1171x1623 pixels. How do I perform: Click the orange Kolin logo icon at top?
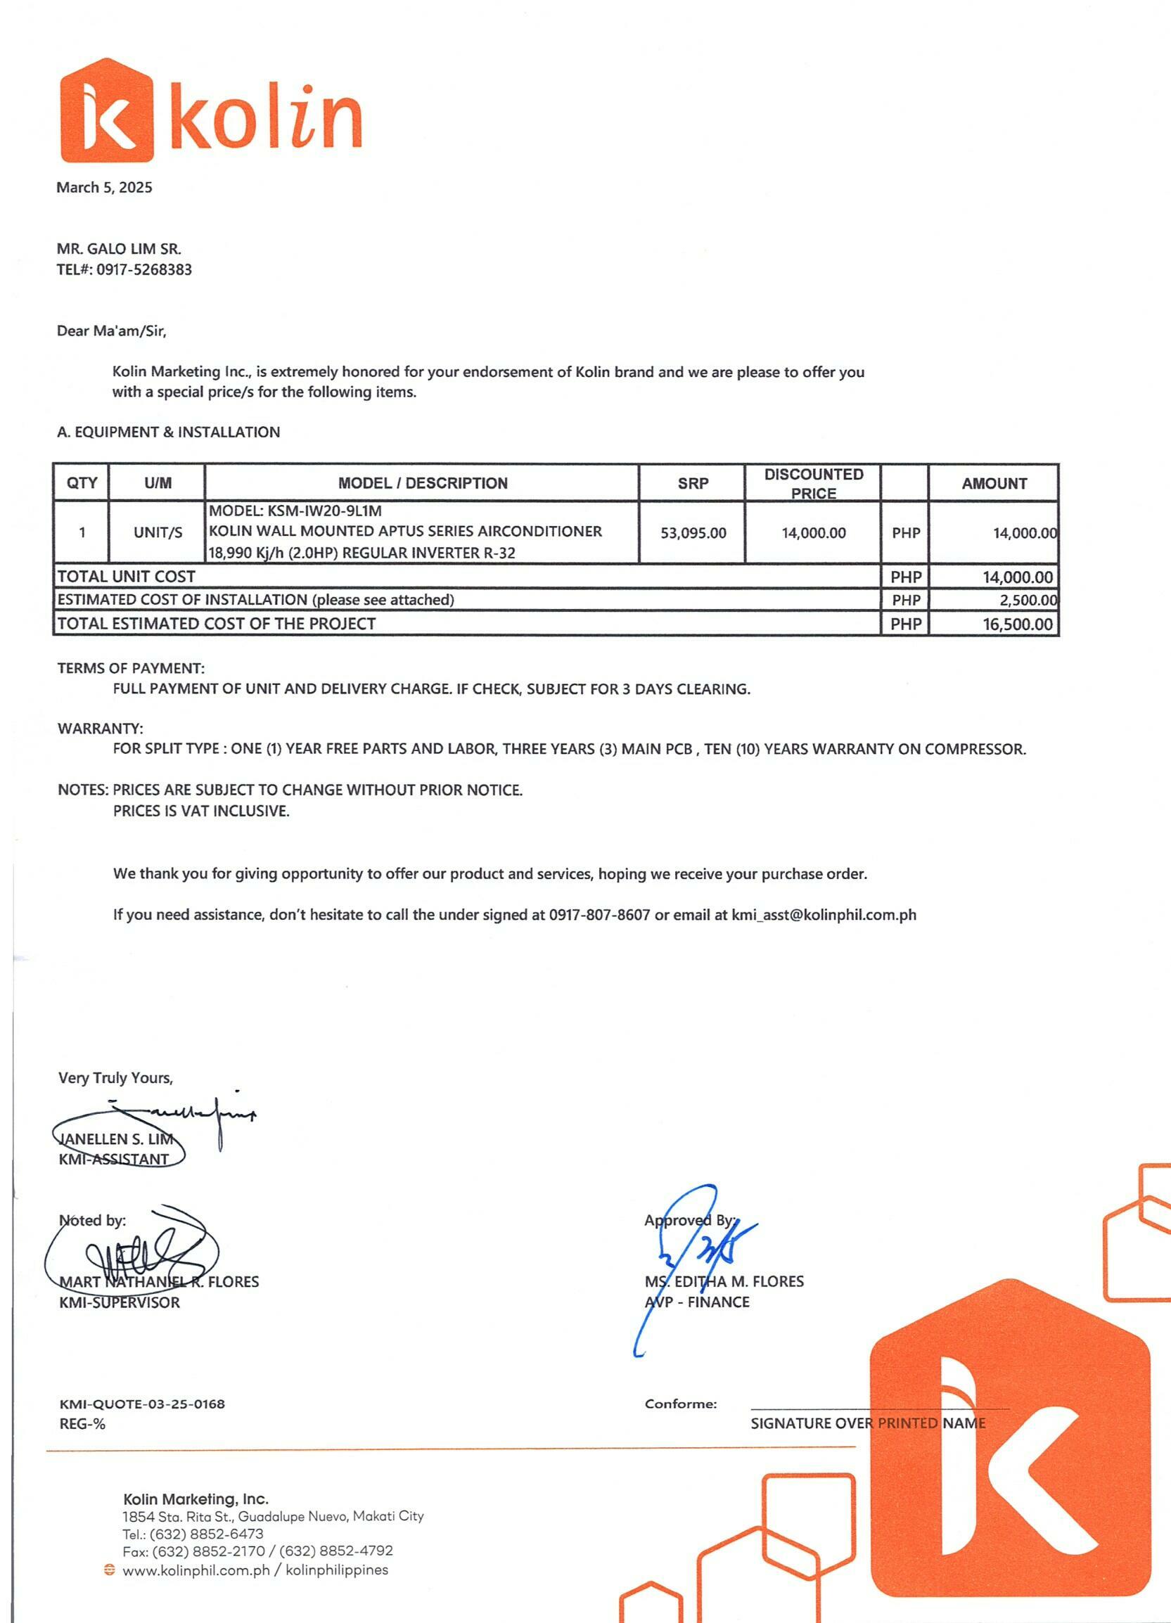108,111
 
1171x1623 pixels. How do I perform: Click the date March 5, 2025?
105,188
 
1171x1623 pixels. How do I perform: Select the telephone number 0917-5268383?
144,270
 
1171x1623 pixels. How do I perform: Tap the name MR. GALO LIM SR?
119,249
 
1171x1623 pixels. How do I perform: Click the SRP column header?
693,484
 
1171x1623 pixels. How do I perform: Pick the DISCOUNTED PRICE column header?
813,484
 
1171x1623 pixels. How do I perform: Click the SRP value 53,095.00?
693,533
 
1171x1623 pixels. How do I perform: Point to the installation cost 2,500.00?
1028,601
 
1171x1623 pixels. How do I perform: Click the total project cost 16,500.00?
1017,624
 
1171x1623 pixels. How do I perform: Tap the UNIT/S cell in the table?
158,533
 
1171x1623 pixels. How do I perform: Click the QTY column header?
82,484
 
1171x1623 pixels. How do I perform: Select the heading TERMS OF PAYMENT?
131,668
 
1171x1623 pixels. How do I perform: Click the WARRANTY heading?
100,729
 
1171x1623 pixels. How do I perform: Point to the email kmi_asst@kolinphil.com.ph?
823,915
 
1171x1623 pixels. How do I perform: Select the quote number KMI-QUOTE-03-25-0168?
142,1404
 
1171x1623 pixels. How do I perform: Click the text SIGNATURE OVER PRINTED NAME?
867,1423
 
